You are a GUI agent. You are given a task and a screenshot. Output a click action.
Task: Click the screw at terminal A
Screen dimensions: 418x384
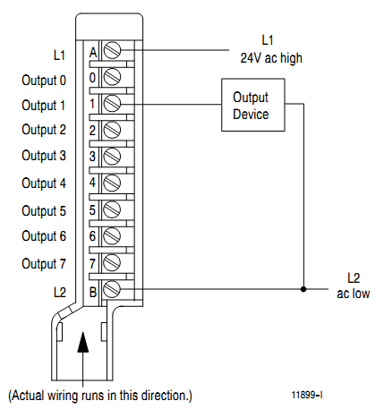(113, 52)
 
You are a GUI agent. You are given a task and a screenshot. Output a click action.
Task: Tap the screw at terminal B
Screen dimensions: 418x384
(113, 289)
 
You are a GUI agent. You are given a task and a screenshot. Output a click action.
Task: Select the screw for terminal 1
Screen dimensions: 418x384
(113, 105)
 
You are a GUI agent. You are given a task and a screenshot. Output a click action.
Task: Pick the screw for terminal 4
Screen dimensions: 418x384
(113, 183)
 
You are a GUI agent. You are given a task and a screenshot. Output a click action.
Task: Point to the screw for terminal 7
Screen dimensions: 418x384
(113, 262)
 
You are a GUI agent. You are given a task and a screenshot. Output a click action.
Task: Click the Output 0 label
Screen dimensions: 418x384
(44, 80)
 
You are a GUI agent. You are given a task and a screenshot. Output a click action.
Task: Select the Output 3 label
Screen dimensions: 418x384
(44, 156)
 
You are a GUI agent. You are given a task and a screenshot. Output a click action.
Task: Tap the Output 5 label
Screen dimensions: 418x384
(44, 211)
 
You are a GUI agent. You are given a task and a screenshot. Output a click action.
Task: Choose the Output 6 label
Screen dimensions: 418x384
(44, 236)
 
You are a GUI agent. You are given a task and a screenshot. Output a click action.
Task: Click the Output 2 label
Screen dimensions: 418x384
(44, 129)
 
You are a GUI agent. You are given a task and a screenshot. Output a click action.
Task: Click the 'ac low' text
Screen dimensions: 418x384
(353, 294)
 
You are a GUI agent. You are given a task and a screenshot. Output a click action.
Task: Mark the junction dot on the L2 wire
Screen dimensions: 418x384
(303, 289)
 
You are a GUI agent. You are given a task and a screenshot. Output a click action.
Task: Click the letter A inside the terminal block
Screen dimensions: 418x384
(93, 52)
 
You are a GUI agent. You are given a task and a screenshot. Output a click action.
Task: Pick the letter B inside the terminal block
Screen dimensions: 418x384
(93, 290)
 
